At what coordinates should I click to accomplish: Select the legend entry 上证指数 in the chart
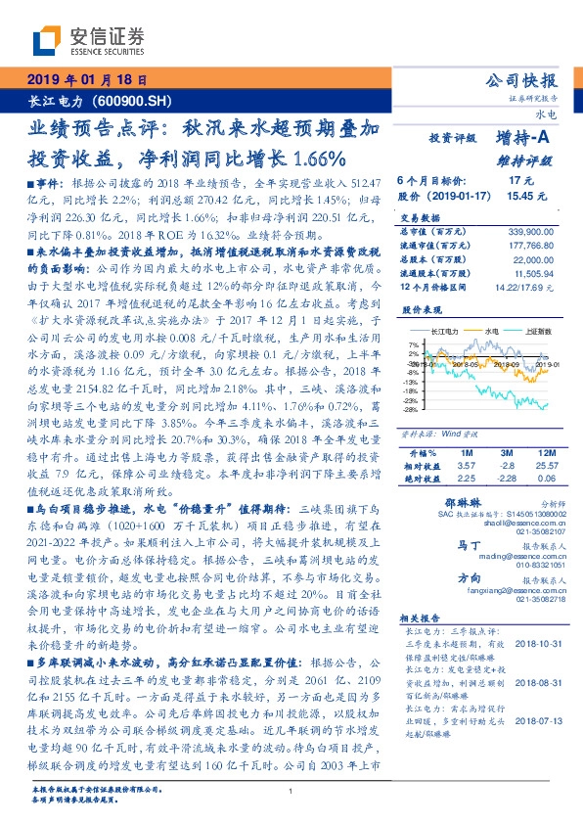pyautogui.click(x=536, y=331)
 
